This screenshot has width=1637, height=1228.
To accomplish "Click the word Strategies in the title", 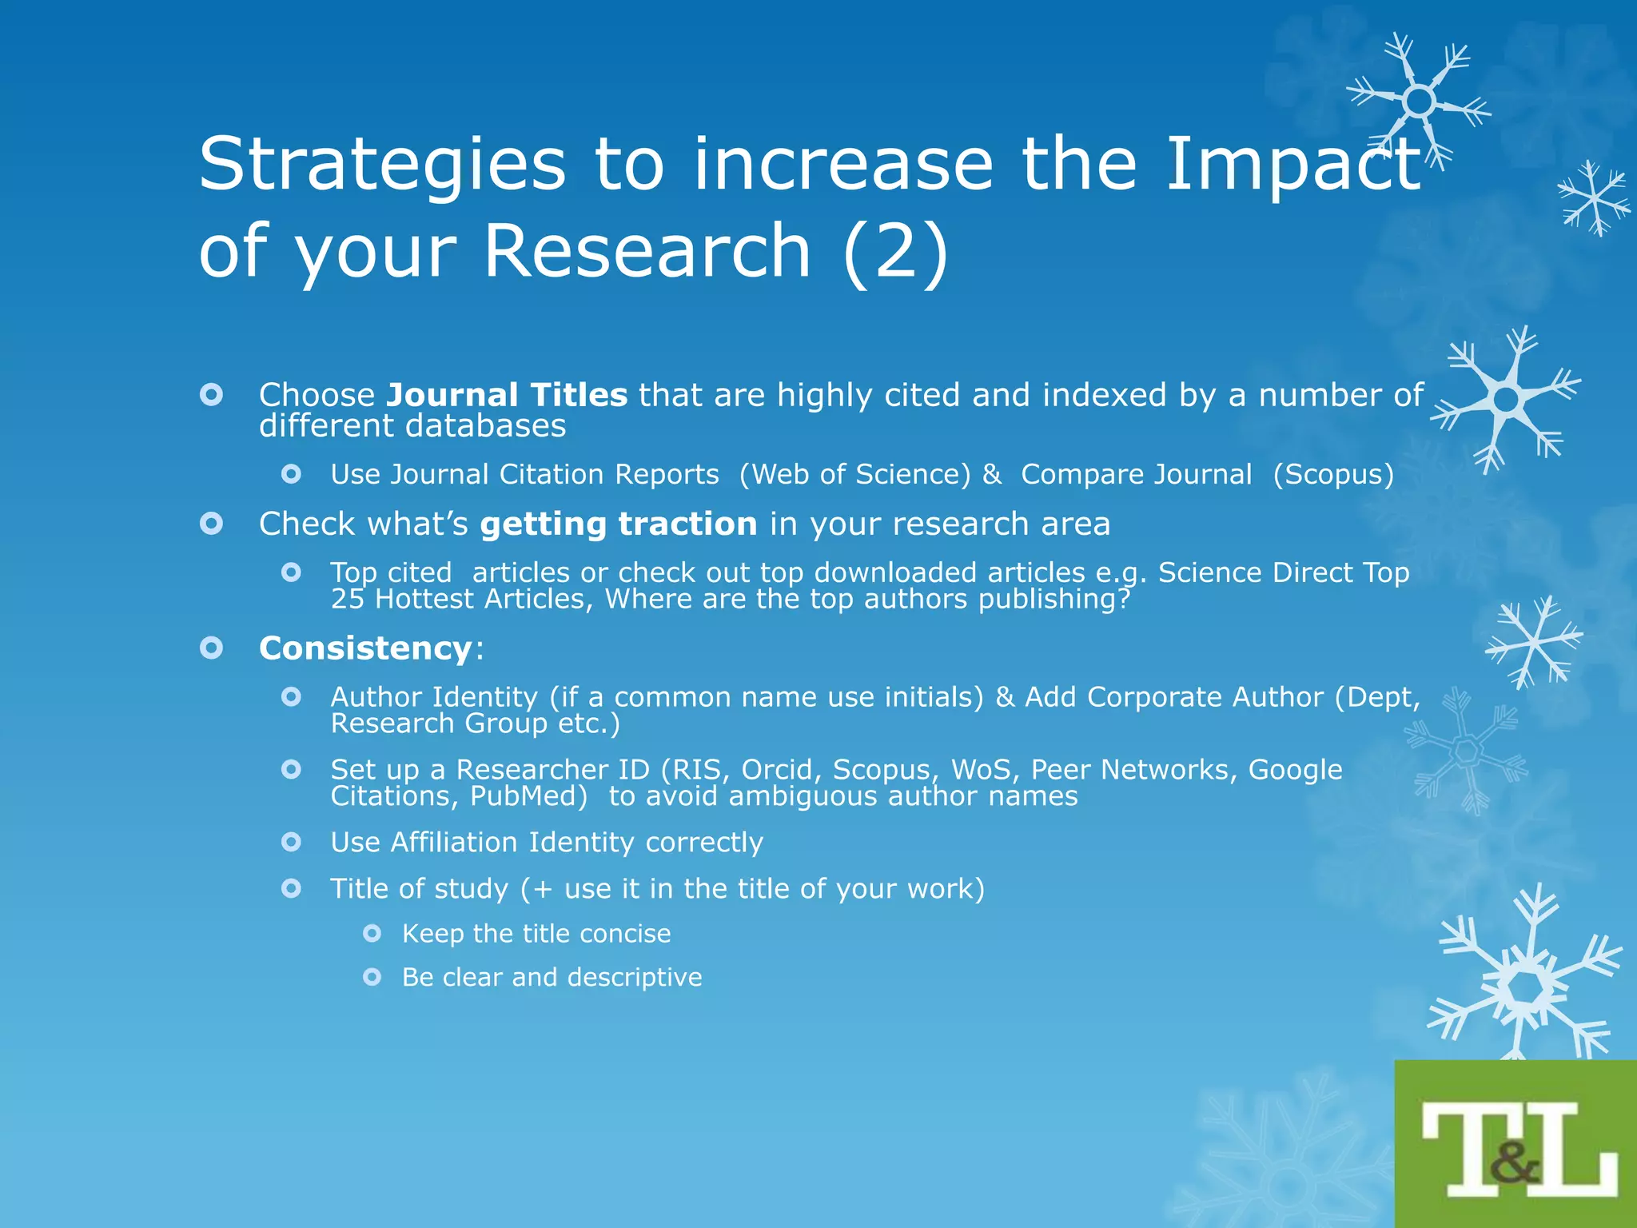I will click(382, 165).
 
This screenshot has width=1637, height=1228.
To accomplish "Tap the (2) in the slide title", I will click(895, 251).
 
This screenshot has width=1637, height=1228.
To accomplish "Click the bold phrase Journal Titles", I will click(507, 395).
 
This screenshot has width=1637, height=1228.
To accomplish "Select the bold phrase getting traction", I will click(619, 524).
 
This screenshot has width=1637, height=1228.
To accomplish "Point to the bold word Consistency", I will click(365, 648).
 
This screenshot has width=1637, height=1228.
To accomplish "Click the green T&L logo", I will click(1516, 1145).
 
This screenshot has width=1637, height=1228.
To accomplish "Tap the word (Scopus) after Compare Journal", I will click(1333, 475).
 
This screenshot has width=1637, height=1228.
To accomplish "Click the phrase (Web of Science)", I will click(854, 475).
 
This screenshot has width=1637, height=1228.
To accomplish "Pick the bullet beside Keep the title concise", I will click(372, 933).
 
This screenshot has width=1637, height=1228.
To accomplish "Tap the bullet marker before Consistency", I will click(211, 648).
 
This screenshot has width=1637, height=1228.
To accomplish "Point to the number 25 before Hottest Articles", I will click(348, 599).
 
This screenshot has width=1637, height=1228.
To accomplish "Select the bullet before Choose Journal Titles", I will click(211, 394).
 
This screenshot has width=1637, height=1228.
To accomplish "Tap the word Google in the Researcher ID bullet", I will click(1295, 770).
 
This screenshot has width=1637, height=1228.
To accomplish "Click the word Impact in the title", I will click(1293, 165).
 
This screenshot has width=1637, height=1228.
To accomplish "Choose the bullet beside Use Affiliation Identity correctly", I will click(292, 842).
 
